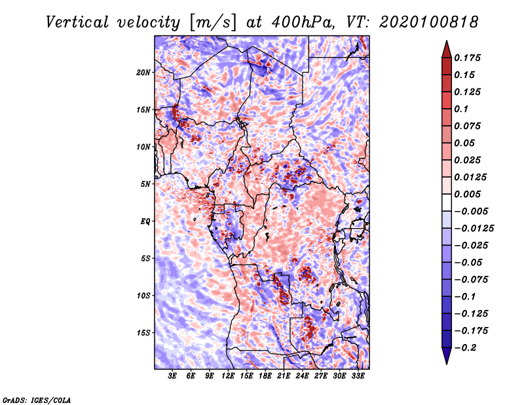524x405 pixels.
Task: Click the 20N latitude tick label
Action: [x=143, y=72]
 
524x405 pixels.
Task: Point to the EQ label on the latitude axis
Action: [x=145, y=221]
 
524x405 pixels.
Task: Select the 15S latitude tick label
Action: [x=143, y=332]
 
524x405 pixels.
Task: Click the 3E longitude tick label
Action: [x=173, y=377]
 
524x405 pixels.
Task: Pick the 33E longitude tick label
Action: [x=358, y=377]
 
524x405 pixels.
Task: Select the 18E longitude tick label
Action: [x=265, y=377]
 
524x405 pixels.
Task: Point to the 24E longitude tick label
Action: [x=302, y=377]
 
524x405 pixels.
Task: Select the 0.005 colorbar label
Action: [x=470, y=194]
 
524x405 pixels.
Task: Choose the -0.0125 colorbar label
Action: [x=476, y=228]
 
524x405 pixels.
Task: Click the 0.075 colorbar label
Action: [x=470, y=126]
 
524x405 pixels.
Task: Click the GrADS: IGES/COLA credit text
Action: [x=36, y=399]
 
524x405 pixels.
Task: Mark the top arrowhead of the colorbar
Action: [x=445, y=45]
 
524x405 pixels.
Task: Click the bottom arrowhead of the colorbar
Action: [x=445, y=358]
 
